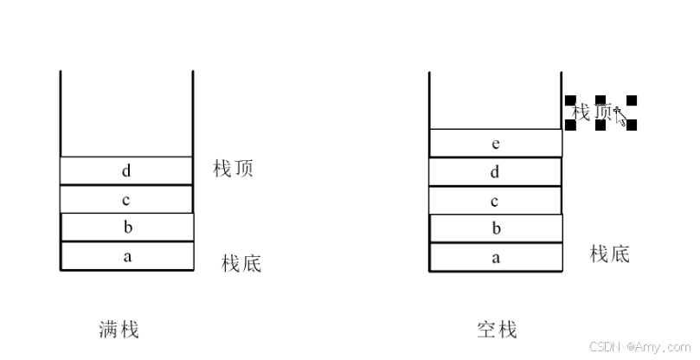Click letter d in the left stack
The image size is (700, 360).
[126, 171]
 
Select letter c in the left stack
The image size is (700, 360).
[126, 200]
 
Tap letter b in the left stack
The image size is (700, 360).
[126, 228]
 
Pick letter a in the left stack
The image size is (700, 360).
[126, 257]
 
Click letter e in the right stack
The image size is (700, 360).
[495, 144]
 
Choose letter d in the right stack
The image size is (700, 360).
[495, 172]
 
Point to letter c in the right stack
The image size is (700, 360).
[495, 201]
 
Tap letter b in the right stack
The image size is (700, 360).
[495, 229]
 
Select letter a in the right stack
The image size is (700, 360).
[495, 258]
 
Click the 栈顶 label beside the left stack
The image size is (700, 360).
[233, 169]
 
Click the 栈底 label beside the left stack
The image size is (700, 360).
[241, 263]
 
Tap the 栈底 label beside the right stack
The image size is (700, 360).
[610, 254]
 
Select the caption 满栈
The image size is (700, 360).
[119, 329]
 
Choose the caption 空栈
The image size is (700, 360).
[497, 329]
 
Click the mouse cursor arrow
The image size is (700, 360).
[620, 115]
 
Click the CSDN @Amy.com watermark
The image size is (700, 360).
[641, 346]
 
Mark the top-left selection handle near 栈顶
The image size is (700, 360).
[570, 100]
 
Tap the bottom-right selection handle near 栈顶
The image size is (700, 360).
[632, 125]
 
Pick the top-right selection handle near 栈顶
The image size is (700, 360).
[632, 100]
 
